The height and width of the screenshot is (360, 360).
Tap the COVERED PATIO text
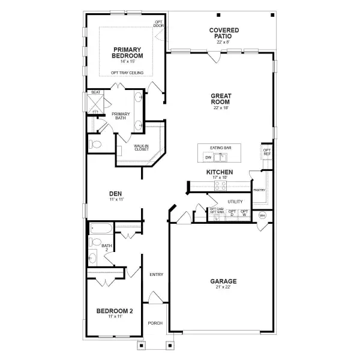(x=224, y=33)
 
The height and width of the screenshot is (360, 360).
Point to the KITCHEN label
(x=220, y=172)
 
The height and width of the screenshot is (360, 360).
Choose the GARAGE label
(x=223, y=281)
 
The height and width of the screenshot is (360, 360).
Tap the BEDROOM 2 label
(x=115, y=312)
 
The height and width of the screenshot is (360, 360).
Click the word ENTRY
(x=156, y=274)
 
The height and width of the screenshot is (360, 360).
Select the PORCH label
(x=155, y=323)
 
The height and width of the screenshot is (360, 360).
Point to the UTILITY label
(x=235, y=202)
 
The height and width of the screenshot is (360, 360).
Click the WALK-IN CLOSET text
(x=141, y=147)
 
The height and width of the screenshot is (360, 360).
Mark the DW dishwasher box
(x=208, y=158)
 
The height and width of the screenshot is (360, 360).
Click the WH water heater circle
(x=262, y=215)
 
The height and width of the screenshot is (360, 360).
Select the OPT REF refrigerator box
(x=267, y=152)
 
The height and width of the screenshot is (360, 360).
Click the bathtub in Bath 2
(x=100, y=228)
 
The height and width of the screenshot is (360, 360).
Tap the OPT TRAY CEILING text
(x=127, y=73)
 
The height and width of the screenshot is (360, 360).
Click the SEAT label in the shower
(x=95, y=92)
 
